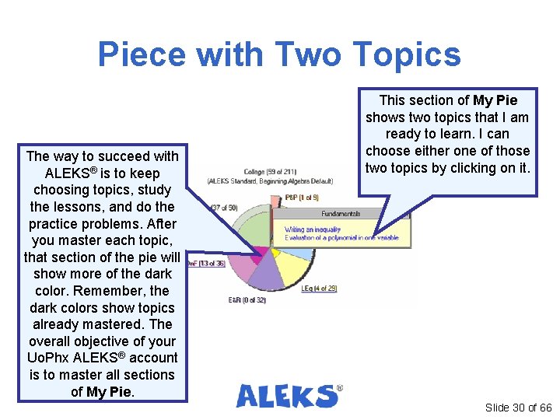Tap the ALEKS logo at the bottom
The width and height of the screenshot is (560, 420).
tap(289, 396)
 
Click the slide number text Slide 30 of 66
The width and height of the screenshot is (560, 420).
tap(518, 408)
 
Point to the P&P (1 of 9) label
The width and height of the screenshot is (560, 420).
tap(302, 198)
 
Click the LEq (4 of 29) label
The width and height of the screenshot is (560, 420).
tap(319, 289)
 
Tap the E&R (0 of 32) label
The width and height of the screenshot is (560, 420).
tap(247, 299)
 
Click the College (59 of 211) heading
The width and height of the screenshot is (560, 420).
tap(268, 172)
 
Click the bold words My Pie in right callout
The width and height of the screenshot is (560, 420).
tap(495, 100)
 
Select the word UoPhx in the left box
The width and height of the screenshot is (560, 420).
tap(48, 358)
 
